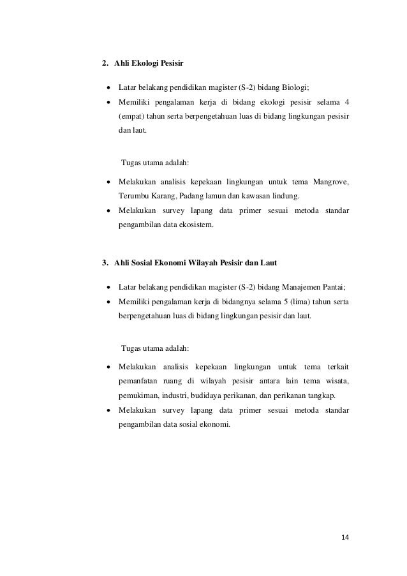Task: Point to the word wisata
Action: click(x=339, y=381)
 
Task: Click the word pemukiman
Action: click(x=138, y=396)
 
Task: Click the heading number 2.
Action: click(x=105, y=63)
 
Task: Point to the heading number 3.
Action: click(x=105, y=262)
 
